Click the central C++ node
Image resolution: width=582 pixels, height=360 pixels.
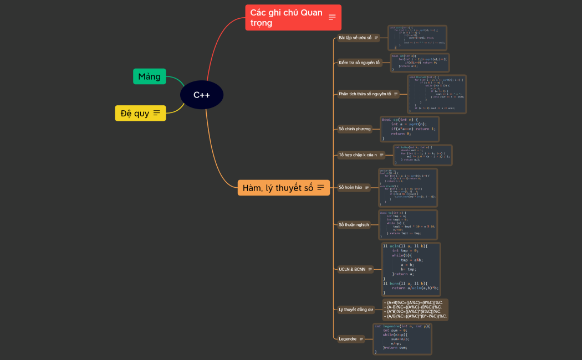tap(202, 95)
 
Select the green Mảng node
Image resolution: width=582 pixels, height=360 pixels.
tap(149, 76)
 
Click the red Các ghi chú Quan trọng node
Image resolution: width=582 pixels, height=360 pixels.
tap(287, 18)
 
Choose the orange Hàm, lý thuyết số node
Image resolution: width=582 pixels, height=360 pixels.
tap(278, 188)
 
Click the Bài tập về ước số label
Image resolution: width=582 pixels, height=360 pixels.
tap(355, 38)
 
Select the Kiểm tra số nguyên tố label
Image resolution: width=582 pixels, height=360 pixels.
tap(359, 63)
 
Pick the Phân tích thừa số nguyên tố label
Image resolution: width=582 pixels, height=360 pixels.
tap(365, 94)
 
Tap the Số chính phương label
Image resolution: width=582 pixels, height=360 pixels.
tap(355, 129)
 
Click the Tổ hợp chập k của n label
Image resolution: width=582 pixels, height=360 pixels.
tap(358, 155)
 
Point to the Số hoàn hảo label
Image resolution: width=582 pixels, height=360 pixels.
tap(350, 187)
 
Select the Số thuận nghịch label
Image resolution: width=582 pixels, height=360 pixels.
tap(354, 224)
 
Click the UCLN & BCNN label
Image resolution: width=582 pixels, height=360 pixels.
tap(352, 269)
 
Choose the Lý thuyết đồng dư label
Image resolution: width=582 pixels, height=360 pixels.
tap(356, 310)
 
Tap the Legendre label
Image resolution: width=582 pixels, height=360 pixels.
tap(348, 338)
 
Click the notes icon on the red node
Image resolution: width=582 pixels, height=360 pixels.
tap(332, 17)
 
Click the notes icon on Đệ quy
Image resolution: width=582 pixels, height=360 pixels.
tap(157, 114)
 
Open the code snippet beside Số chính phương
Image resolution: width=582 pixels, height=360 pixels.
tap(410, 129)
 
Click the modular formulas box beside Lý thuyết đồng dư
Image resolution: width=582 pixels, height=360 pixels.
tap(415, 310)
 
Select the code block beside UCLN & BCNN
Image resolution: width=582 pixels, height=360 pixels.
tap(411, 269)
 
